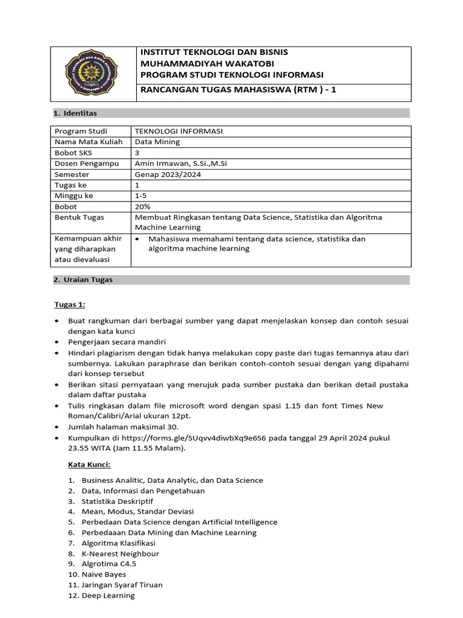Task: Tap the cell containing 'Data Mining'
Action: coord(157,142)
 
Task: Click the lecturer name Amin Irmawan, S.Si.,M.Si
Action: coord(181,164)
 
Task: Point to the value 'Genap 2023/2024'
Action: coord(168,174)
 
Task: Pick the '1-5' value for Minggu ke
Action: coord(141,196)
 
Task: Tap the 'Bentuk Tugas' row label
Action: coord(79,217)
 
